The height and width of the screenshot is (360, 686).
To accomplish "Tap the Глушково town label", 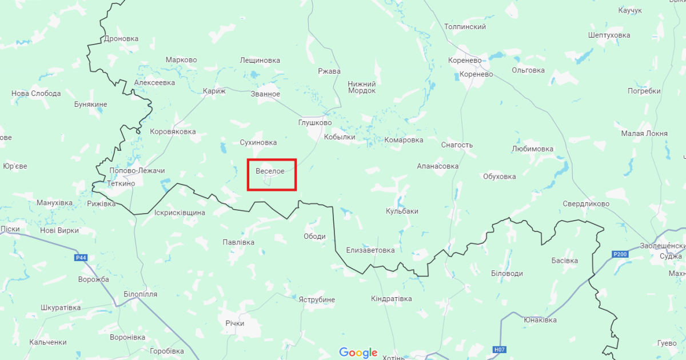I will click(315, 123).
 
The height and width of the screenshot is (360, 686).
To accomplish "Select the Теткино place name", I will click(121, 183).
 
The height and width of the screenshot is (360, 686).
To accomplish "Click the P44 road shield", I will click(82, 258).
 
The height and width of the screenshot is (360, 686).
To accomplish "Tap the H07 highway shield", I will click(498, 349).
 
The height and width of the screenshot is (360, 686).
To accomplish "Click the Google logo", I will click(358, 353).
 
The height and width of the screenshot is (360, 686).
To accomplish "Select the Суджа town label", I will click(671, 257).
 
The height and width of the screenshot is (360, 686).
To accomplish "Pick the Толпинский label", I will click(465, 27).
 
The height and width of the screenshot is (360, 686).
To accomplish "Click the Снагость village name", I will click(457, 145).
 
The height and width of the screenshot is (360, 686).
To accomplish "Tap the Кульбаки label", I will click(402, 211).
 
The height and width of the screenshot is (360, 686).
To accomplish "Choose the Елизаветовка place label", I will click(370, 250).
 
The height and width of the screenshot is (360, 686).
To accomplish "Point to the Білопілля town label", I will click(140, 294).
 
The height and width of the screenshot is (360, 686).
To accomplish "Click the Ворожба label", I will click(94, 279).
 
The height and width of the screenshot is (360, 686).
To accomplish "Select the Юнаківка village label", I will click(540, 320).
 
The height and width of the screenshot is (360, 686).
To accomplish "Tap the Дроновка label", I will click(121, 39).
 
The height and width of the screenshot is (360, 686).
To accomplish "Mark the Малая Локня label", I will click(644, 134).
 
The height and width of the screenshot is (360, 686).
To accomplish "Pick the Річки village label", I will click(234, 323).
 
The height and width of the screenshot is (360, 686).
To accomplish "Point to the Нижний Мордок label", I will click(362, 87).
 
